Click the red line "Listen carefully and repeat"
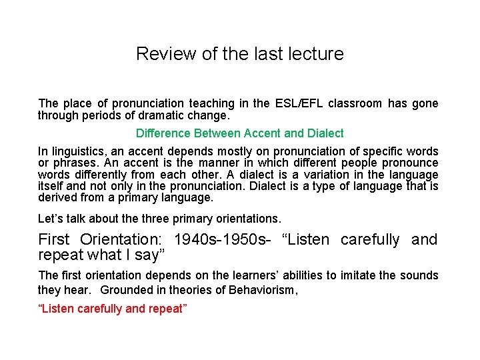pyautogui.click(x=113, y=309)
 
